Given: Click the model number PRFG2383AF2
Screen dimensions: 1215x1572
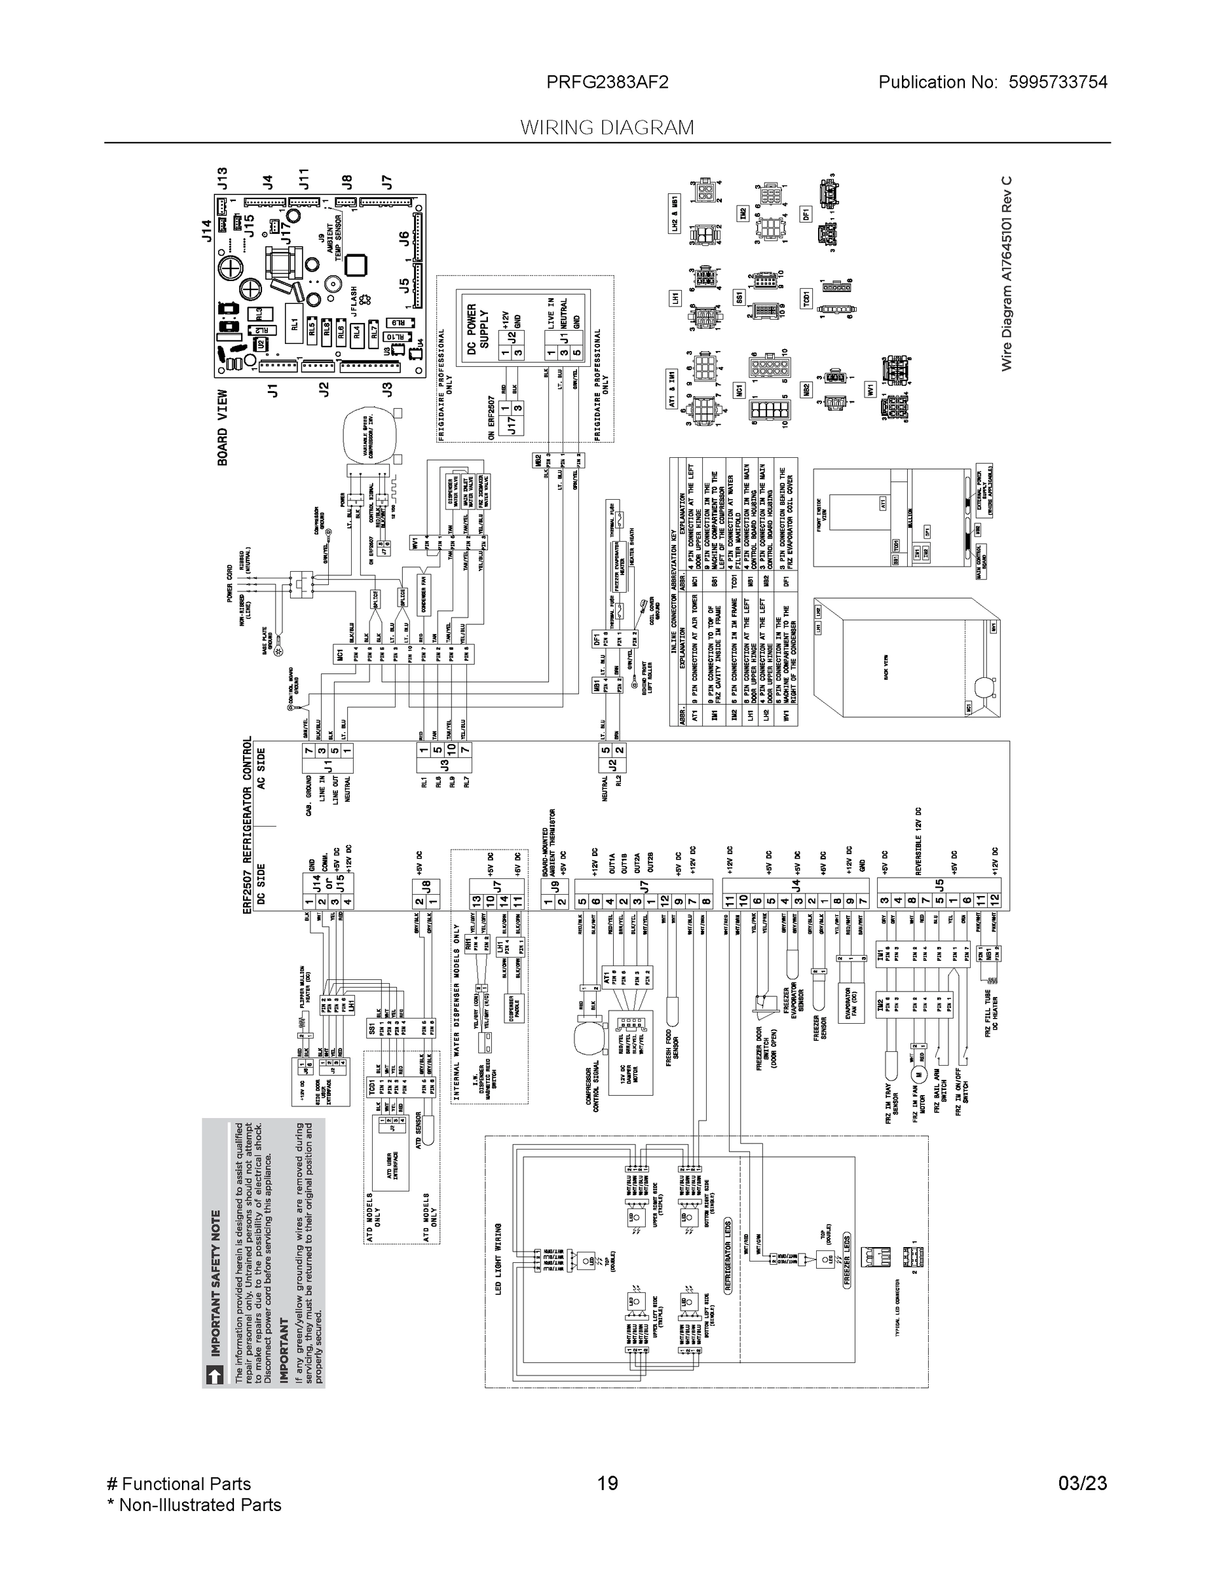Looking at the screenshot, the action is [607, 83].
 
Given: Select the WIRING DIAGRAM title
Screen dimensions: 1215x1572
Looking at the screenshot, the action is [607, 128].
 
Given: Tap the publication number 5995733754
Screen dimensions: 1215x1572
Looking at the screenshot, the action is [1057, 83].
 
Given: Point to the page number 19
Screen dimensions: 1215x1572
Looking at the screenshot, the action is [607, 1484].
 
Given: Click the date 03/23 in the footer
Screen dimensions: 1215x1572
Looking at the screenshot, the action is [1082, 1484].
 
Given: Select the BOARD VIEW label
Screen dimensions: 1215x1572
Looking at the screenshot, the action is [223, 428].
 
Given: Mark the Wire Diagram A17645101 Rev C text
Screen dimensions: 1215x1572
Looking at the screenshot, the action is [1006, 274].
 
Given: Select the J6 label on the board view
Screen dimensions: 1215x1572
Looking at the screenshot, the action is [404, 238].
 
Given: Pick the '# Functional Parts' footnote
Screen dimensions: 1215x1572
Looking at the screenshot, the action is [179, 1484].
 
